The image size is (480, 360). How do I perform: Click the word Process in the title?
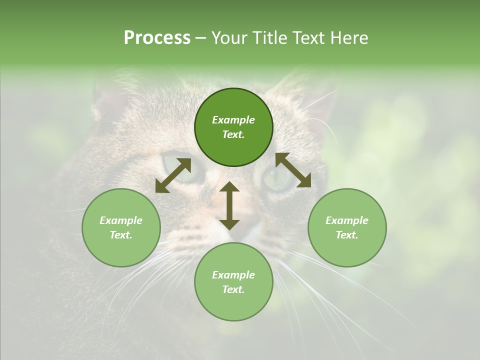click(157, 38)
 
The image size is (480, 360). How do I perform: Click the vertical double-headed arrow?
click(229, 205)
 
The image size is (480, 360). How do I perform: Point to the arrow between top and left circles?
click(173, 175)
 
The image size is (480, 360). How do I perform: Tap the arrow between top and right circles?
click(293, 170)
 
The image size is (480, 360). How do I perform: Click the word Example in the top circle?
click(233, 120)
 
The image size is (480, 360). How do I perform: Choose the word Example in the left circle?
click(121, 220)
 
